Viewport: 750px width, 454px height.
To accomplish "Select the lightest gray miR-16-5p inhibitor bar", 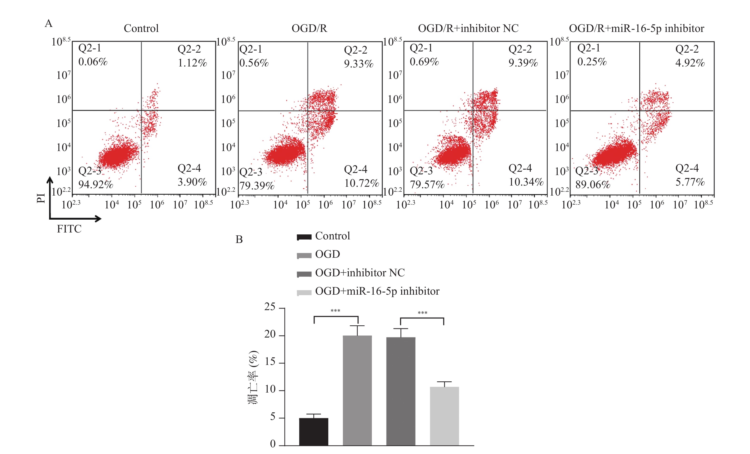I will point(444,416).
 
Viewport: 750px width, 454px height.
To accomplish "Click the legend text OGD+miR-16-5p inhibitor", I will point(377,291).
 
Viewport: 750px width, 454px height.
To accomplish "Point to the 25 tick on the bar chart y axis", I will point(270,307).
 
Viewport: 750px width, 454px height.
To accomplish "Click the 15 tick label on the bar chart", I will point(270,362).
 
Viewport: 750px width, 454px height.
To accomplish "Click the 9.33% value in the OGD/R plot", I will point(359,64).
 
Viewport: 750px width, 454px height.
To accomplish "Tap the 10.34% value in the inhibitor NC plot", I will point(526,182).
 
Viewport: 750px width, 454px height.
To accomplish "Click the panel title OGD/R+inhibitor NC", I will point(468,29).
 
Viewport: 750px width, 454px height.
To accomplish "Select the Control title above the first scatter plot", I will point(141,29).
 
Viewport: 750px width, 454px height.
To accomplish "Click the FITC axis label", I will point(69,229).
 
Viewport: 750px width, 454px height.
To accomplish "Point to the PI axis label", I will point(41,198).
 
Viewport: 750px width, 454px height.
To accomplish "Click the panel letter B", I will point(239,240).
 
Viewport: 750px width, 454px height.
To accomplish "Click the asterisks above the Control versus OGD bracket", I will point(335,311).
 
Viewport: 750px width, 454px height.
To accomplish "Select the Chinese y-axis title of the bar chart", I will point(253,378).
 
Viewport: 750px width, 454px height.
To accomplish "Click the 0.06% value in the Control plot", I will point(93,62).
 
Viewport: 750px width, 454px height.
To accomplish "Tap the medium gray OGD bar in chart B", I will point(357,390).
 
